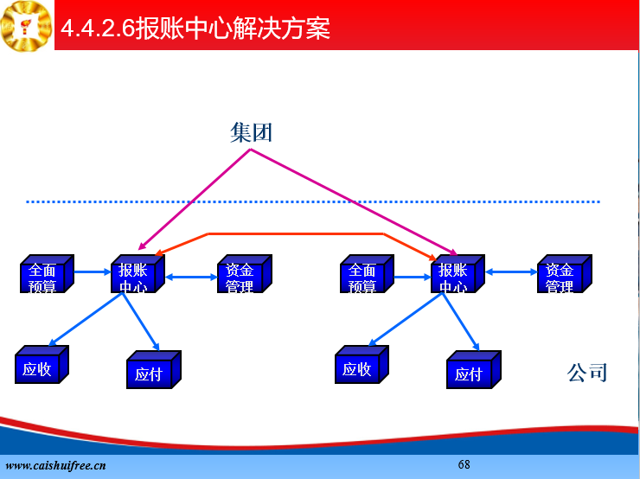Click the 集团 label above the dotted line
point(251,132)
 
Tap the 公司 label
point(587,373)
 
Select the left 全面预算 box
point(47,273)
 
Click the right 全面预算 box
point(367,273)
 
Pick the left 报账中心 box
point(138,273)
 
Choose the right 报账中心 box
point(458,273)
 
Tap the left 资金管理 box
point(245,273)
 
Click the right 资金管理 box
point(565,273)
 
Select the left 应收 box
point(42,364)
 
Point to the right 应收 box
point(362,364)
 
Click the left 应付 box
point(154,370)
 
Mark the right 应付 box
point(474,370)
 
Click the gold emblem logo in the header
point(27,26)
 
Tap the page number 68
point(464,464)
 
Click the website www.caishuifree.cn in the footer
point(55,465)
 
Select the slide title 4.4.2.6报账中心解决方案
point(195,29)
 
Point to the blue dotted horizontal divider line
point(313,201)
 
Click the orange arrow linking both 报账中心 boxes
point(296,233)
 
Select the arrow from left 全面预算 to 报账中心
point(93,271)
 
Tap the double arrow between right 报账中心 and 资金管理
point(511,271)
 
